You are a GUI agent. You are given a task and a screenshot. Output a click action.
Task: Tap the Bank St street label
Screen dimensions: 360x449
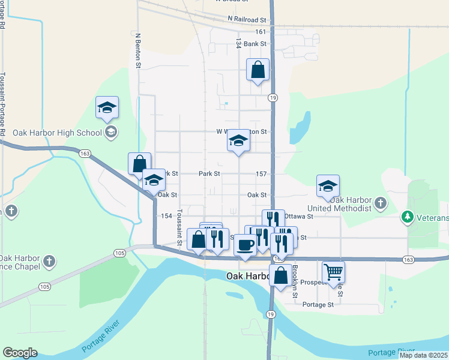255,44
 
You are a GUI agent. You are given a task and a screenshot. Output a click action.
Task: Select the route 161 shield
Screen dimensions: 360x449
260,32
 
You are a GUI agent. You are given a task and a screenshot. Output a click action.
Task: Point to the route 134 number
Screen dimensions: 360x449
239,43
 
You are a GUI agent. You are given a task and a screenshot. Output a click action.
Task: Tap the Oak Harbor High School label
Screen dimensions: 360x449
57,133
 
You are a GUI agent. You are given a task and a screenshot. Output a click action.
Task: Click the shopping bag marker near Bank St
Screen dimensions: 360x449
258,70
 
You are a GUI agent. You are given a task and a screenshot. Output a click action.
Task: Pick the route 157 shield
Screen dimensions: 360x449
261,173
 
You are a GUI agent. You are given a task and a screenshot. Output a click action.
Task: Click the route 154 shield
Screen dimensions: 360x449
166,216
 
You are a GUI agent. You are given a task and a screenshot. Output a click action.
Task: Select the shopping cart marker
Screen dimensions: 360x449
333,271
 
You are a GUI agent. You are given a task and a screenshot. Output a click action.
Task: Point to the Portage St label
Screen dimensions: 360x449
318,305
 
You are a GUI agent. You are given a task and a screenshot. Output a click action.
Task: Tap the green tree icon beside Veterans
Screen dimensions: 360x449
408,215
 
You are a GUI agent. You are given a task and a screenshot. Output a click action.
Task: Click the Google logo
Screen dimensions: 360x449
20,353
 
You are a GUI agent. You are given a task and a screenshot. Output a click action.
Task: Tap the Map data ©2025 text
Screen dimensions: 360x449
423,355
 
